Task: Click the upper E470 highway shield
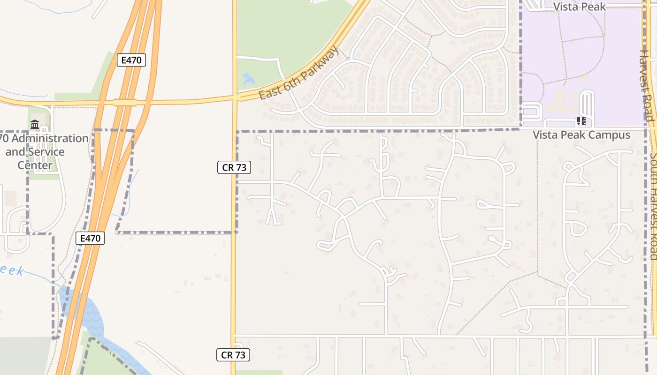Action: [x=131, y=60]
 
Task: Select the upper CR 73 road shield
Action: [x=234, y=167]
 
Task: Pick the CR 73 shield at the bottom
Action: [x=233, y=355]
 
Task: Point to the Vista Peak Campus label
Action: [x=581, y=135]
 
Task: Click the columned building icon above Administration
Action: [x=35, y=125]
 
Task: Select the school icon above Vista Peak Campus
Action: [x=582, y=121]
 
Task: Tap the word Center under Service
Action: [x=35, y=165]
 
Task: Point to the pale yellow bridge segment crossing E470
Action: [x=125, y=102]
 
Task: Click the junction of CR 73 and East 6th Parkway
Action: [x=235, y=98]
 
